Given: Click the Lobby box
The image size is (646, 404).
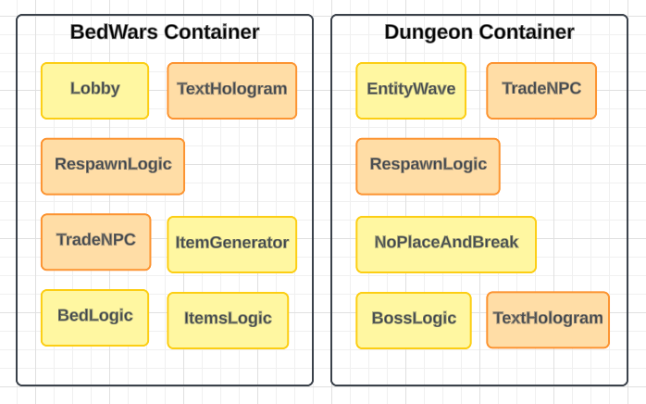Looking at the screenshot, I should pyautogui.click(x=94, y=90).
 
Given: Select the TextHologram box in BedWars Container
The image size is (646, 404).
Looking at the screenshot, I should pyautogui.click(x=231, y=90).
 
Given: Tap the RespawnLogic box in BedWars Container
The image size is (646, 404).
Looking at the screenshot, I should pyautogui.click(x=113, y=166).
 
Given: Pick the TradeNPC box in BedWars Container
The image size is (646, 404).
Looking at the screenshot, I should pyautogui.click(x=95, y=241).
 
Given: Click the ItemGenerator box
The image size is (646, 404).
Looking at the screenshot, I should pyautogui.click(x=231, y=244).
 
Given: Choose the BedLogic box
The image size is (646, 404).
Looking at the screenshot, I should pyautogui.click(x=94, y=317).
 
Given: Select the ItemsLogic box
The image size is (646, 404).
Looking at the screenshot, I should pyautogui.click(x=228, y=320).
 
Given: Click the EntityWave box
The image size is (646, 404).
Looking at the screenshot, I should pyautogui.click(x=411, y=90).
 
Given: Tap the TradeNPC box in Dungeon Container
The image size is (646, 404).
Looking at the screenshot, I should pyautogui.click(x=541, y=90).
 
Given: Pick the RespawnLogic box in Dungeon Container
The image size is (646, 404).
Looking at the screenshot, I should pyautogui.click(x=428, y=166).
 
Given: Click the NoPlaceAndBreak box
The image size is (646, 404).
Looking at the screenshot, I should pyautogui.click(x=446, y=244).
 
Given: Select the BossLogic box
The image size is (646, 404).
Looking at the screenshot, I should pyautogui.click(x=414, y=320).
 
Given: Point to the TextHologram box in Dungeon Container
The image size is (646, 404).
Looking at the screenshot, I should pyautogui.click(x=548, y=320).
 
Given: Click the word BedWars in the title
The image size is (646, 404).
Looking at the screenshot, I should pyautogui.click(x=114, y=32).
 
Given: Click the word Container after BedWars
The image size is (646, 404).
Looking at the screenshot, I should pyautogui.click(x=212, y=32).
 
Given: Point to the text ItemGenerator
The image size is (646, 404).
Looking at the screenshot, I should pyautogui.click(x=231, y=243).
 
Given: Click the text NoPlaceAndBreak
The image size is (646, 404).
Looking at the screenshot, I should pyautogui.click(x=446, y=243).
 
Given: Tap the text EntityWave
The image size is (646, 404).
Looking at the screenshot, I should pyautogui.click(x=411, y=89).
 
